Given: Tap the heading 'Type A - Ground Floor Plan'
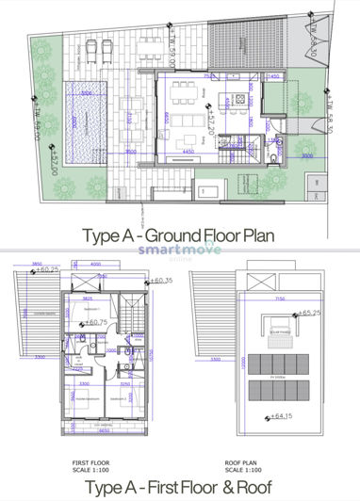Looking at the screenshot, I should [x=178, y=235].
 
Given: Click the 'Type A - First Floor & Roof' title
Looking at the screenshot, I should [x=178, y=486].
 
